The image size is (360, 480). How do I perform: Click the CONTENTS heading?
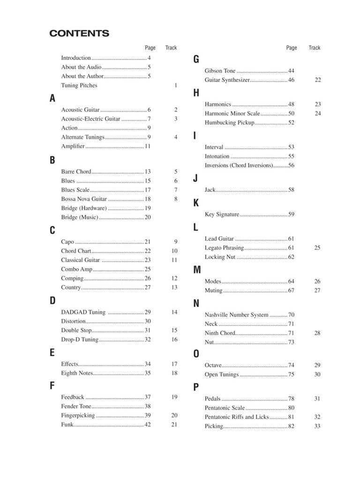click(79, 33)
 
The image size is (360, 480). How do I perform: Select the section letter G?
click(196, 59)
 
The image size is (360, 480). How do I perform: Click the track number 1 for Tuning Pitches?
click(176, 85)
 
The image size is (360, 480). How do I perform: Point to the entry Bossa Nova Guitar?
click(81, 199)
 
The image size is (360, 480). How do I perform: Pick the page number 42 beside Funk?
click(147, 425)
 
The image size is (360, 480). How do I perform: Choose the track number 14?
click(174, 312)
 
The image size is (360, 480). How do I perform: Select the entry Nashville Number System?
click(236, 315)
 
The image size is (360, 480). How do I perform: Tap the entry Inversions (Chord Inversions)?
click(239, 165)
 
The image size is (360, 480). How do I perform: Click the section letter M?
click(197, 270)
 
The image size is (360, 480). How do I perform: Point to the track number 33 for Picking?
click(317, 426)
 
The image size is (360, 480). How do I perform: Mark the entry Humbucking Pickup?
click(229, 122)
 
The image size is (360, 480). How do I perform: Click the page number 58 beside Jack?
click(291, 190)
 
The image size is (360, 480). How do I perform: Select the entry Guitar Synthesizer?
click(227, 80)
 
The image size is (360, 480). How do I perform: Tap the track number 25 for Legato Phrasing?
click(317, 247)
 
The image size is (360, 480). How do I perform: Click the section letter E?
click(52, 352)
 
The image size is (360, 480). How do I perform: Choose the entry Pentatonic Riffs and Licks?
click(237, 417)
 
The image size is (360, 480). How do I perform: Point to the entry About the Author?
click(82, 76)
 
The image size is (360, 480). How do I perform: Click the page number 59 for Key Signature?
click(291, 214)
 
